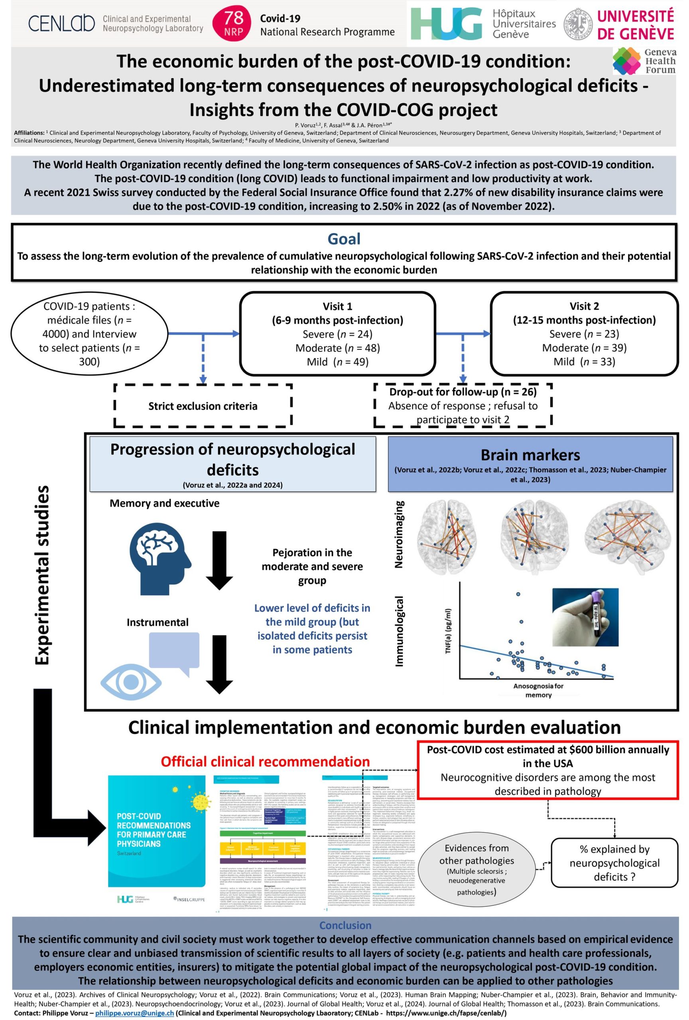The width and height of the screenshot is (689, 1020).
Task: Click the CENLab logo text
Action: click(61, 23)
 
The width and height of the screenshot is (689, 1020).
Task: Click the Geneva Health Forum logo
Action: click(644, 61)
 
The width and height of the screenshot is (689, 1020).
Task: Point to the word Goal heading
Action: click(344, 239)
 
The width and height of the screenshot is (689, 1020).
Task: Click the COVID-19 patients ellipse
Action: click(89, 333)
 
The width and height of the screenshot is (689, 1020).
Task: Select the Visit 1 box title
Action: click(337, 306)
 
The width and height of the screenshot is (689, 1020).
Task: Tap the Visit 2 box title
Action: click(584, 306)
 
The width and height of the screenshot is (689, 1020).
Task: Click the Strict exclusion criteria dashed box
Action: click(203, 406)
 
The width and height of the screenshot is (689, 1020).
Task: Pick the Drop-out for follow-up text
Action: click(463, 392)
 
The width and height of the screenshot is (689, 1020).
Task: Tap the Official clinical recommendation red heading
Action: click(265, 761)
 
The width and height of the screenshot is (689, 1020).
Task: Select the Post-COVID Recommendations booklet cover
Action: click(156, 843)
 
